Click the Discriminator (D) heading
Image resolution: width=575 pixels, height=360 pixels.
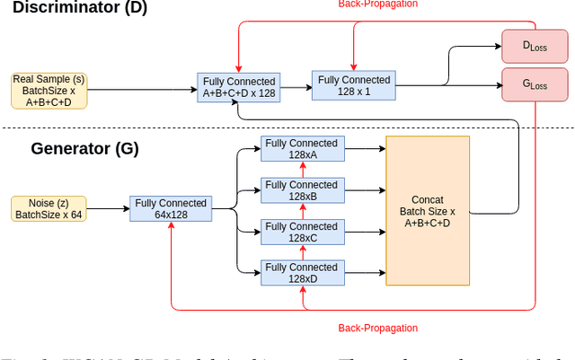coord(80,8)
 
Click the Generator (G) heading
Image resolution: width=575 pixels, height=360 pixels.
coord(84,148)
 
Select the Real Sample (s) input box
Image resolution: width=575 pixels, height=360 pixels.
coord(49,91)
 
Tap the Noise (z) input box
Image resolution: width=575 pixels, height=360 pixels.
coord(49,209)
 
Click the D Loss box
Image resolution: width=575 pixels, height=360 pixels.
coord(535,45)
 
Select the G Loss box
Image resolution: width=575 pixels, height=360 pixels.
coord(535,85)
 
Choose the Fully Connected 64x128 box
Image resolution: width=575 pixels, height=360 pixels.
coord(171,209)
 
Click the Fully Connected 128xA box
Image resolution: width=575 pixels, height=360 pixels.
coord(301,149)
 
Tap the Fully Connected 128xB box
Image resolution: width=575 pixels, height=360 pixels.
coord(301,190)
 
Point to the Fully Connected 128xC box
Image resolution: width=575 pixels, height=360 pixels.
coord(301,233)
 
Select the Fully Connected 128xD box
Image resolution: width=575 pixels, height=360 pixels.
coord(301,273)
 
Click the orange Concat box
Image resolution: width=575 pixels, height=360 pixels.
coord(428,210)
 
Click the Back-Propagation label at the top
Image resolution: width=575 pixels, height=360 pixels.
coord(377,4)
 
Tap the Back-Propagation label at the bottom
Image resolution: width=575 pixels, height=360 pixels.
coord(377,329)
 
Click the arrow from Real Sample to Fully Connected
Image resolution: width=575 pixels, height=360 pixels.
coord(141,90)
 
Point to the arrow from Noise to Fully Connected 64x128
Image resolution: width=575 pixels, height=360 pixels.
coord(108,209)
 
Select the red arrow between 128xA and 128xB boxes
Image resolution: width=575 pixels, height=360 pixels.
coord(302,170)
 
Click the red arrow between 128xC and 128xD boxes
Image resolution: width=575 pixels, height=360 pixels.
coord(302,252)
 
